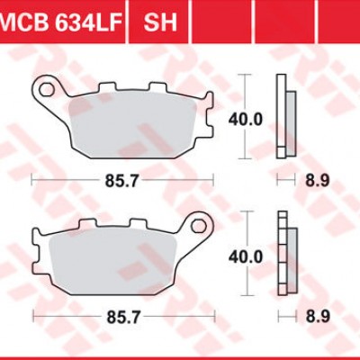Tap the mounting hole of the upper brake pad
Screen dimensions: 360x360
click(45, 89)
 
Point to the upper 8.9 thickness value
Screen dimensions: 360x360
click(316, 181)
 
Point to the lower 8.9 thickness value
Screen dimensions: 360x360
click(316, 317)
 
